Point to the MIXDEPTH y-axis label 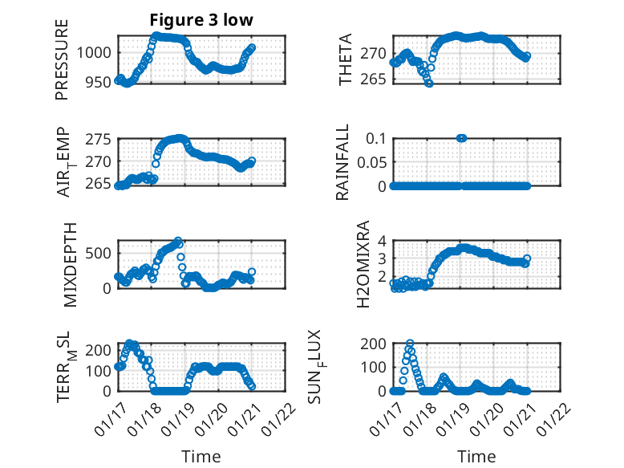(x=68, y=263)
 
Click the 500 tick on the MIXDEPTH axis (x=102, y=253)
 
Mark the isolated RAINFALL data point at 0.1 (x=461, y=138)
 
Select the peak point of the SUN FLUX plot (x=410, y=344)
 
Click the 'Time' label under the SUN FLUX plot (x=476, y=457)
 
